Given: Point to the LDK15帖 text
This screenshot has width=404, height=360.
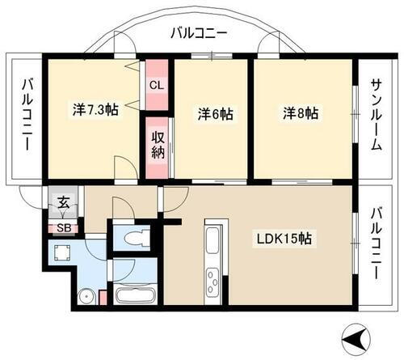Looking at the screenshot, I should (285, 239).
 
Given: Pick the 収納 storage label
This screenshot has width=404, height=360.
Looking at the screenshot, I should (158, 146).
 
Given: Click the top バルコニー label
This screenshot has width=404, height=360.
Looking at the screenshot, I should (200, 34).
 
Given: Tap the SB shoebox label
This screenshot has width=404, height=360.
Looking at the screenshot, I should (61, 228).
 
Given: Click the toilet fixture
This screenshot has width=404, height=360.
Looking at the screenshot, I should (133, 238).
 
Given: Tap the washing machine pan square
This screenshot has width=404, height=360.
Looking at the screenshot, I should (61, 253).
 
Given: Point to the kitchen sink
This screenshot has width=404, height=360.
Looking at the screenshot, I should (215, 242).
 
